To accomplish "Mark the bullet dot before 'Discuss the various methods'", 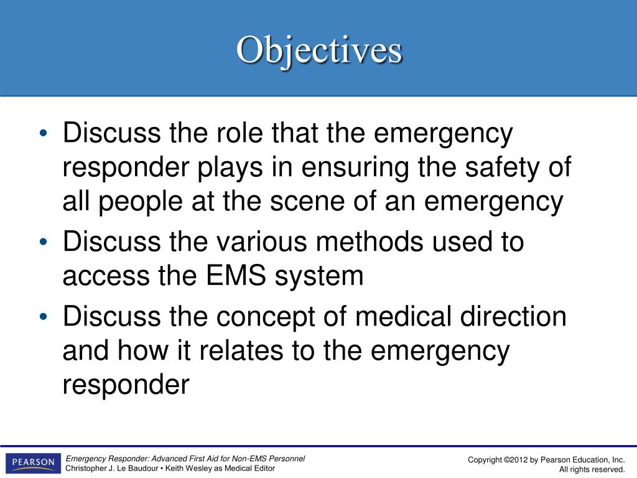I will (x=42, y=242).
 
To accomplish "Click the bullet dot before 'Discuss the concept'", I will (x=42, y=317).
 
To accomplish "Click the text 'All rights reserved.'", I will (x=591, y=470).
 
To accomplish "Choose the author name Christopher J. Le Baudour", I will (x=111, y=468).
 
